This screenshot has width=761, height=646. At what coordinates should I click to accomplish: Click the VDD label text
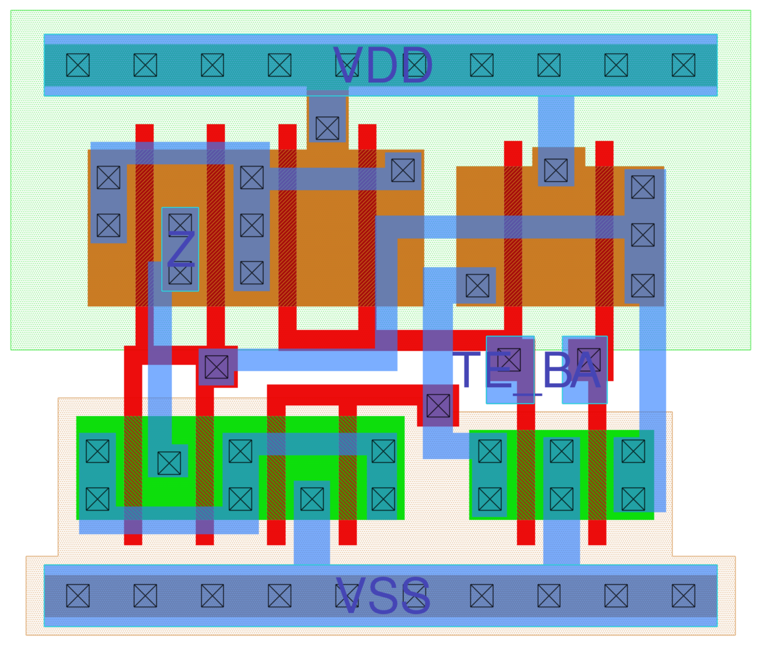click(383, 66)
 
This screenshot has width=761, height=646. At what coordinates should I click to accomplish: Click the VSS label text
click(383, 596)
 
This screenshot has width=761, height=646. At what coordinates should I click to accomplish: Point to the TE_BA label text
click(526, 371)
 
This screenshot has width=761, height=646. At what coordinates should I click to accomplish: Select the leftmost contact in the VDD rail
click(78, 65)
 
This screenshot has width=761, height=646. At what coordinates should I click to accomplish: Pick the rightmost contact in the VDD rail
click(683, 65)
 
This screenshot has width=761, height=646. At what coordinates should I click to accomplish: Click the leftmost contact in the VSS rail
click(78, 596)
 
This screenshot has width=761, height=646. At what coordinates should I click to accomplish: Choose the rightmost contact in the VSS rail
click(683, 596)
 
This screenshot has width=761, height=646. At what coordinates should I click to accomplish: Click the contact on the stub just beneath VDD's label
click(327, 128)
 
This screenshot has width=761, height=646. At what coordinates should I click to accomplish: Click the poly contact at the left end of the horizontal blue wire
click(217, 367)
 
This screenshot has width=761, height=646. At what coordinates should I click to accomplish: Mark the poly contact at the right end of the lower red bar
click(438, 406)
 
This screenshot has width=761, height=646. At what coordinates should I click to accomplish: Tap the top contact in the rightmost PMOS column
click(643, 187)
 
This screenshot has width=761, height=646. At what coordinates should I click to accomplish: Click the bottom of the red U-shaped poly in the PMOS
click(327, 339)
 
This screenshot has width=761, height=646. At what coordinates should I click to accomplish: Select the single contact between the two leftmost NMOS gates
click(169, 463)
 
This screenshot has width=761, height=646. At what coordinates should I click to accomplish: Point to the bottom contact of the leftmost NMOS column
click(98, 500)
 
